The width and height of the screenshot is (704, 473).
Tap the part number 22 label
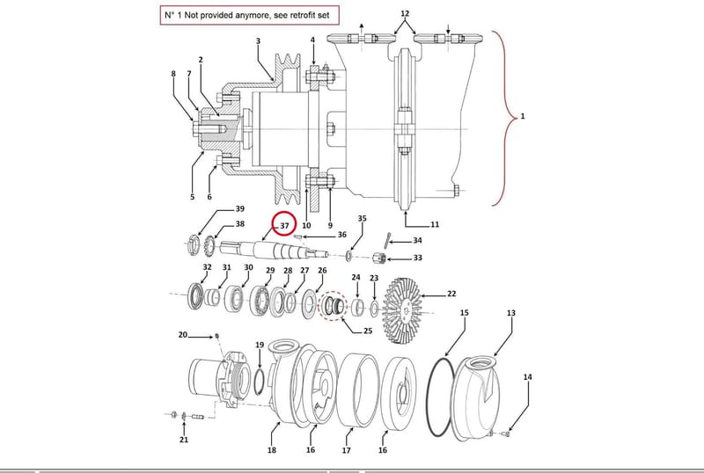[451, 294]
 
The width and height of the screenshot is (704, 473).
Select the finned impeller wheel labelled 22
[402, 310]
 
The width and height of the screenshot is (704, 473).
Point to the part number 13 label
[511, 313]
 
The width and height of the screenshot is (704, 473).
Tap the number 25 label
[368, 331]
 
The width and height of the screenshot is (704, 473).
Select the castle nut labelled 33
[379, 258]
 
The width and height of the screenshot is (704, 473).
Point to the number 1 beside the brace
[522, 116]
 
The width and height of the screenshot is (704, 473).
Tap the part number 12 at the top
[405, 13]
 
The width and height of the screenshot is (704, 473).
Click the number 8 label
[173, 74]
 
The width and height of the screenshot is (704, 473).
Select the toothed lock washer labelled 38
[209, 246]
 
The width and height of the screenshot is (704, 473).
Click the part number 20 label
[183, 335]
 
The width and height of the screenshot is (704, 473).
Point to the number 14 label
[527, 377]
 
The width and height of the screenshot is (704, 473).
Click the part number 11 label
[435, 224]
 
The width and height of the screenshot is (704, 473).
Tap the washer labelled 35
[348, 257]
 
